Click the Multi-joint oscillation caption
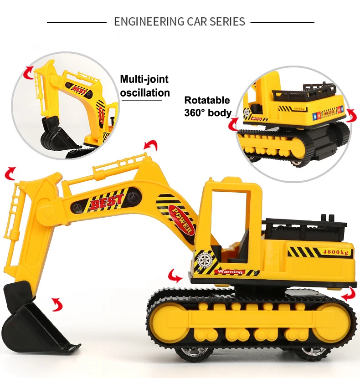click(x=144, y=86)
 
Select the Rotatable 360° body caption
click(x=208, y=107)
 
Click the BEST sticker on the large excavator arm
click(x=107, y=202)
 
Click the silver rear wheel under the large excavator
click(x=311, y=353)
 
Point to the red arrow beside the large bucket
click(x=57, y=304)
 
